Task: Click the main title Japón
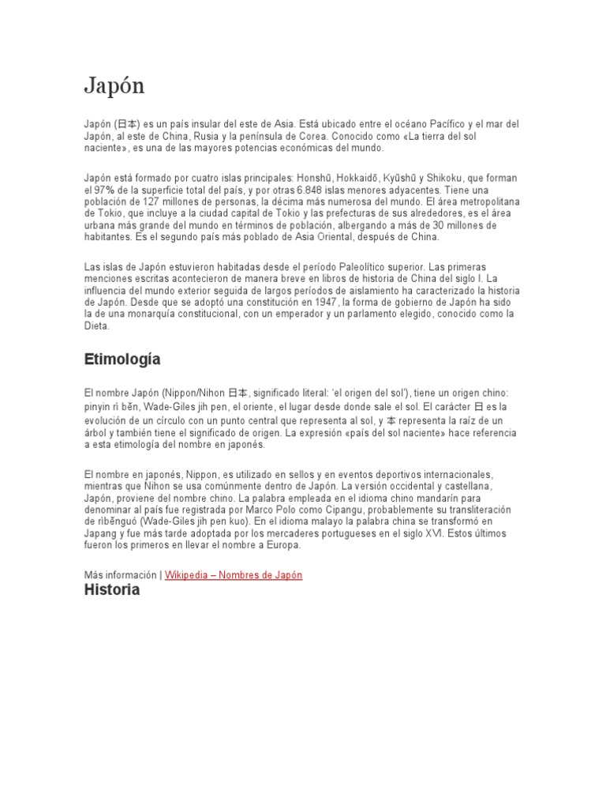click(x=114, y=86)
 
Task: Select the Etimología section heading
click(x=122, y=359)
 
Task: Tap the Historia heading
click(x=112, y=589)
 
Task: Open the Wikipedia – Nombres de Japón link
click(x=234, y=575)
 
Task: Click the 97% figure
click(x=103, y=190)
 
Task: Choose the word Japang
click(x=103, y=533)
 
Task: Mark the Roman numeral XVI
click(x=430, y=533)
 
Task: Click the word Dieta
click(x=97, y=325)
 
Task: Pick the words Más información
click(x=121, y=575)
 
